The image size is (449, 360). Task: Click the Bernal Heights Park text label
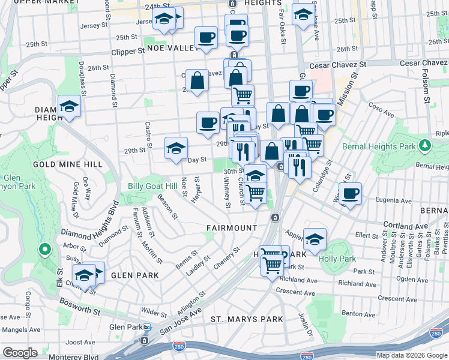[x=378, y=146]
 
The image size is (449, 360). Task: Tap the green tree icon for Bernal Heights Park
[x=425, y=145]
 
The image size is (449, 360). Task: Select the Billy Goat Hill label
[x=151, y=186]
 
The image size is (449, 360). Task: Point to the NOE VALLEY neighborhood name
[x=172, y=48]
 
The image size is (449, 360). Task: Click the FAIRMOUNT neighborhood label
[x=232, y=228]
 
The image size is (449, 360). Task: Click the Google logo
[x=20, y=353]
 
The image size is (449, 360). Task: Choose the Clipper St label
[x=128, y=52]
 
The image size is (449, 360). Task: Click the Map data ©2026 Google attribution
[x=411, y=355]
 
